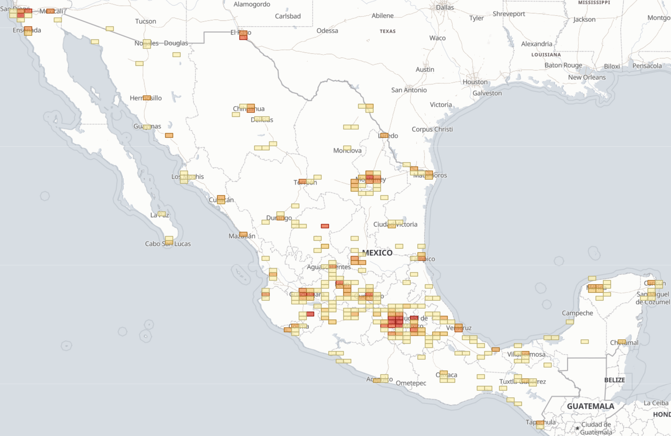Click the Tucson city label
[145, 21]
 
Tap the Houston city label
[475, 82]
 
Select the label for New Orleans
[587, 77]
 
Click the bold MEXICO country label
[377, 253]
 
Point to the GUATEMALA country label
[590, 406]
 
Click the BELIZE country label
[614, 380]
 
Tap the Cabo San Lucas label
[168, 244]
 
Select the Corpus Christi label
[432, 129]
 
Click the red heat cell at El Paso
[243, 37]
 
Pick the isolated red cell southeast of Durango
[325, 226]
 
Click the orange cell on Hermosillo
[147, 98]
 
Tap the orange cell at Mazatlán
[243, 235]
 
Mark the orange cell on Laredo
[384, 135]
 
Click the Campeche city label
[577, 313]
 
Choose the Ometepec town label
[411, 383]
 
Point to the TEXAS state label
[387, 31]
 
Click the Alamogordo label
[252, 4]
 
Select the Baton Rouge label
[563, 65]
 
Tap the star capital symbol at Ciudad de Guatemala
[577, 428]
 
